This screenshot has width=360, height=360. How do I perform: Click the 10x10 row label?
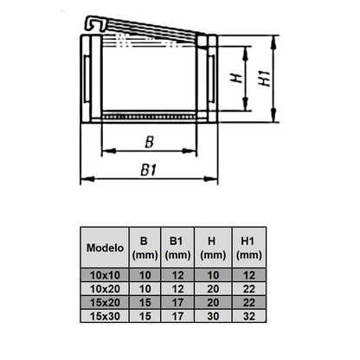click(x=105, y=274)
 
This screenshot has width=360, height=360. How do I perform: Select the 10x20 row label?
click(x=105, y=287)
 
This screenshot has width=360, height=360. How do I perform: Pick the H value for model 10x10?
click(x=212, y=274)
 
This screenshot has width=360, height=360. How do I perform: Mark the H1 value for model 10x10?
click(x=248, y=274)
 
